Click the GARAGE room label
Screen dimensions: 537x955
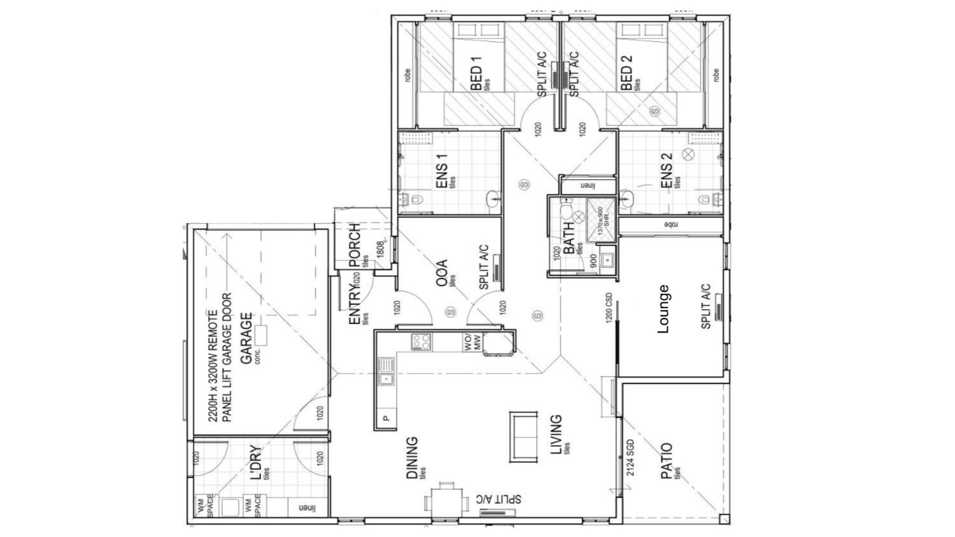click(x=246, y=338)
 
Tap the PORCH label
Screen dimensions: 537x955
click(x=354, y=245)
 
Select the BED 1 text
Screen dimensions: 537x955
click(x=476, y=77)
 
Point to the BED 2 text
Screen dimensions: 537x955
click(x=627, y=77)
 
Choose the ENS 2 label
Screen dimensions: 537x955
click(x=666, y=171)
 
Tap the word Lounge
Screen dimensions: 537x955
click(x=663, y=309)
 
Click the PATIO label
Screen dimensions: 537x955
click(x=666, y=461)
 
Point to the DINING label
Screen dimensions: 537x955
click(x=412, y=457)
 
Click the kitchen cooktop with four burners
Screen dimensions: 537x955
click(x=421, y=341)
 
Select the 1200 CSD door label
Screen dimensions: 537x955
click(x=609, y=307)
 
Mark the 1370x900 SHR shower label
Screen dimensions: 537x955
click(x=600, y=221)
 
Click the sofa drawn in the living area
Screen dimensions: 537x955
click(x=523, y=436)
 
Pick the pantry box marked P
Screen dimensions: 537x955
click(x=386, y=418)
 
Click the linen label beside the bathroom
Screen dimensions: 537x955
click(x=588, y=186)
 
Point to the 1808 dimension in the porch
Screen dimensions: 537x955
click(x=379, y=249)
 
